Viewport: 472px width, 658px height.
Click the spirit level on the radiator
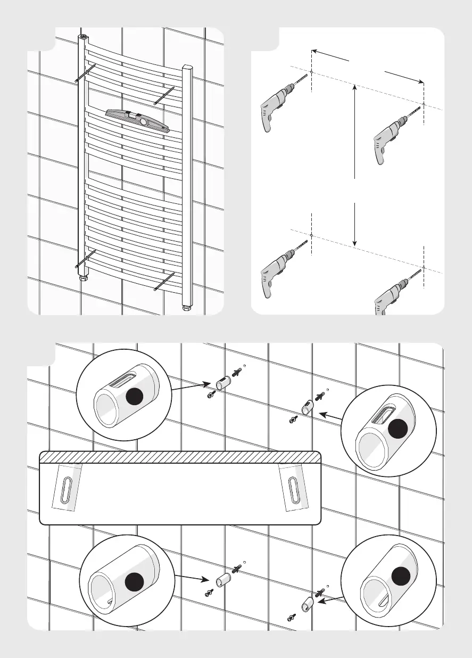click(x=137, y=120)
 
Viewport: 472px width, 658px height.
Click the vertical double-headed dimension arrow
click(x=354, y=165)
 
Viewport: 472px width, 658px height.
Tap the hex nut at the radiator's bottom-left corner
click(x=84, y=277)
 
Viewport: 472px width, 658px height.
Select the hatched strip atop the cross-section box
click(x=180, y=457)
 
